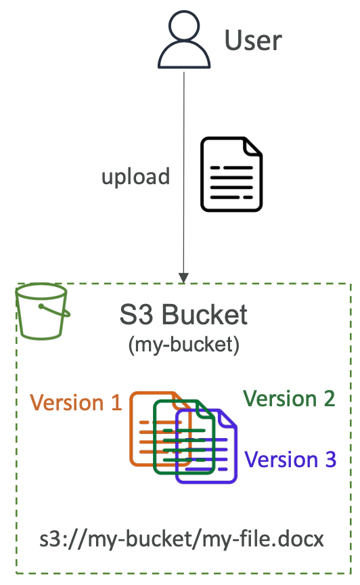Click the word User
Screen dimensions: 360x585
[x=253, y=41]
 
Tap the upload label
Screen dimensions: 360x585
[x=136, y=177]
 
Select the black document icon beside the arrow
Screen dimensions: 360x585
[x=231, y=174]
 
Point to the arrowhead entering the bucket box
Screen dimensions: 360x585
[x=183, y=278]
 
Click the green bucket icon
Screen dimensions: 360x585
[x=43, y=311]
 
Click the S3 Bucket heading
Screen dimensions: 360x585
[x=183, y=315]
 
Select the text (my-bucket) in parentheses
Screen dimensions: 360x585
[x=183, y=345]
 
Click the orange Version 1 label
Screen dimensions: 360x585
[x=76, y=403]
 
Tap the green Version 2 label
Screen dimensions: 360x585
[x=289, y=398]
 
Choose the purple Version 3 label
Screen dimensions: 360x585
[x=290, y=459]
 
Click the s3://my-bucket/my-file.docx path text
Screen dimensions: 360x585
[x=181, y=540]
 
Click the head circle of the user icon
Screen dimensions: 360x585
[x=184, y=24]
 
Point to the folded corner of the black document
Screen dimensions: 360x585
[x=252, y=146]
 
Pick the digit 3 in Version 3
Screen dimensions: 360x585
[x=330, y=459]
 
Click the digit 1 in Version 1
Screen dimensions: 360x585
[x=117, y=403]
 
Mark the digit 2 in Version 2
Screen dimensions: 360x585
[x=330, y=398]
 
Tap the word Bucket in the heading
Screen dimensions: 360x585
[x=204, y=315]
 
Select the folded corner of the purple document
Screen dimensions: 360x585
[x=227, y=418]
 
